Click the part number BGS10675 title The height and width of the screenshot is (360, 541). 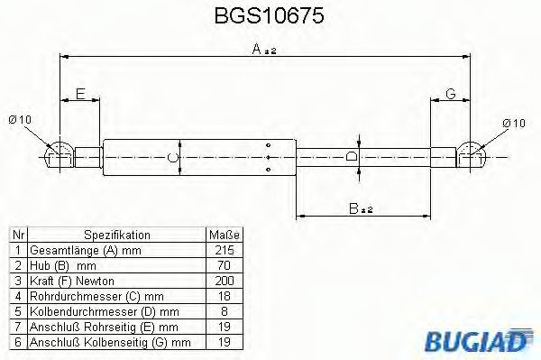point(270,16)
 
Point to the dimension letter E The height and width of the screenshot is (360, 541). point(79,94)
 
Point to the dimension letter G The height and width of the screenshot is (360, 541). point(450,94)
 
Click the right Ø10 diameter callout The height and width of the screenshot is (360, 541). point(515,123)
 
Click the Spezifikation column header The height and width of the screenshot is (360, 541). point(117,233)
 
